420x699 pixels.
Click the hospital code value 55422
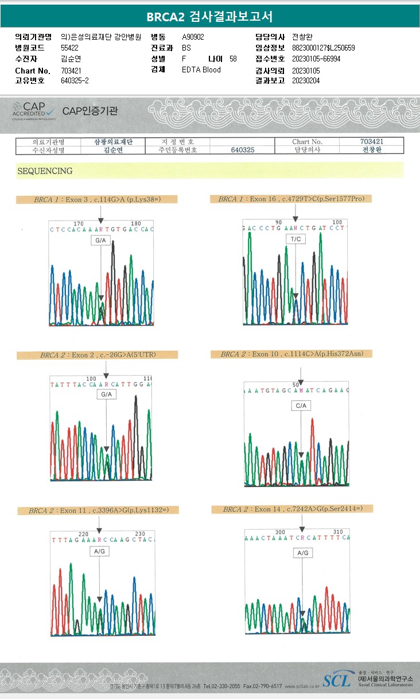(69, 48)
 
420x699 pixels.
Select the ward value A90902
(193, 37)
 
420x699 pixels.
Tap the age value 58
(232, 59)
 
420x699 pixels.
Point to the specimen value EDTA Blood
(201, 70)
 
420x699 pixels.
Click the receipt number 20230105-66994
(316, 59)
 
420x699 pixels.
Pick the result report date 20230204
(306, 81)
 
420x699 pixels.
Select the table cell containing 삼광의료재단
(109, 142)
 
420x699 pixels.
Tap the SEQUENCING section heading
(45, 171)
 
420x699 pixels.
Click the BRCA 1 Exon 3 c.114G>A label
(97, 200)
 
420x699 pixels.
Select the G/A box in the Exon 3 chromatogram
(100, 241)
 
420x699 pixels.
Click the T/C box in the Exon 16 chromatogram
(295, 239)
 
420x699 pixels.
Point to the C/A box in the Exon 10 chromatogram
(301, 406)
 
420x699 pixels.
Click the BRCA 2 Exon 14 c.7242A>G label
(292, 509)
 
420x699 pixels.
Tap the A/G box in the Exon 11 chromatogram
(99, 551)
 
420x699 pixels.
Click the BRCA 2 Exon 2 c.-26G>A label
(98, 355)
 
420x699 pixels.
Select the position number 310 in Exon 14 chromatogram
(338, 532)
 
